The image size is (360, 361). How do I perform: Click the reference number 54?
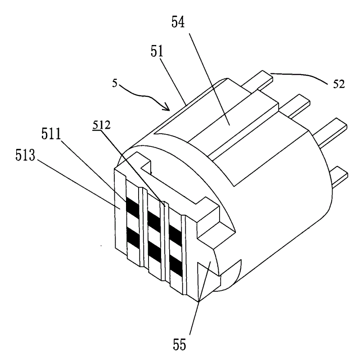178,23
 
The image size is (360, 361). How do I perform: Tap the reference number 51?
157,51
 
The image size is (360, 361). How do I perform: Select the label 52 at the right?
339,84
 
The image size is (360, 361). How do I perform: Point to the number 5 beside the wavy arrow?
115,83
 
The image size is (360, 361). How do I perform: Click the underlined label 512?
102,125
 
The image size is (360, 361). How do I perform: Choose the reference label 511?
51,134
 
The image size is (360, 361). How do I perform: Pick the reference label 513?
25,155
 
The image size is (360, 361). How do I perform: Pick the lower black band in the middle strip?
154,253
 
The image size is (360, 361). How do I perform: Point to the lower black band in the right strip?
175,266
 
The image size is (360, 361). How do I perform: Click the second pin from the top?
295,106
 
